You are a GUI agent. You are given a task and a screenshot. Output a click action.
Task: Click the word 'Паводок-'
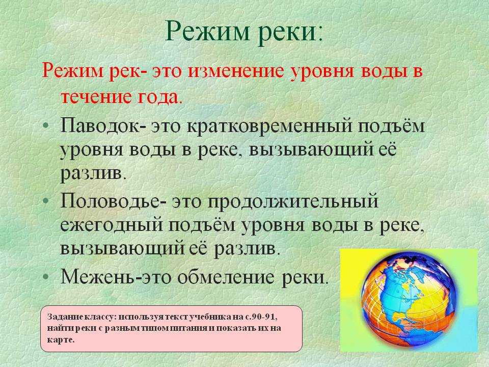click(103, 126)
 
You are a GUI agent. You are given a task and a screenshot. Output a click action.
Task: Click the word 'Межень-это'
click(116, 276)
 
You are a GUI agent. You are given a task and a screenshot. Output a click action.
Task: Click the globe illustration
click(409, 301)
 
